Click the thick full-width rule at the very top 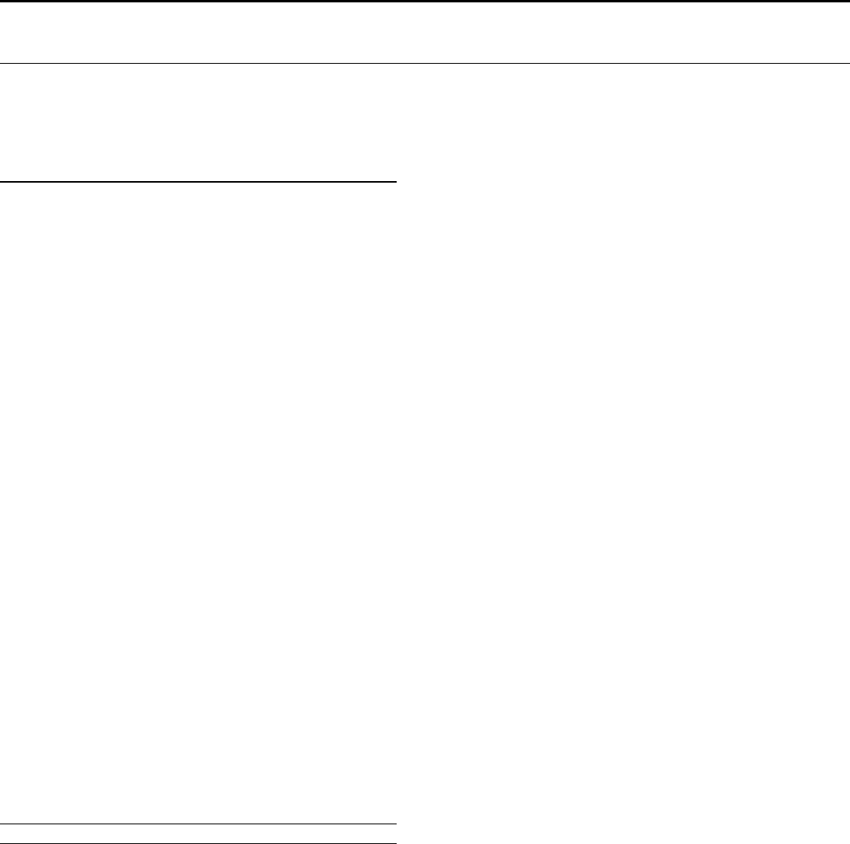[425, 1]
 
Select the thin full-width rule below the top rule [425, 63]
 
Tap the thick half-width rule [198, 182]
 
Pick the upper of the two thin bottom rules [198, 824]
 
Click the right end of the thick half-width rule [395, 182]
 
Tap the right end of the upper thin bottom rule [395, 824]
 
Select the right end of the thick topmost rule [848, 1]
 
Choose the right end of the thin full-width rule [848, 63]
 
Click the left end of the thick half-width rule [2, 182]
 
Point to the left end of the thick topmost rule [2, 1]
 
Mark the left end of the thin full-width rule [2, 63]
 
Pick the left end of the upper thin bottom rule [2, 824]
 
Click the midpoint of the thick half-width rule [198, 182]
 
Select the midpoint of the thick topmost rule [425, 1]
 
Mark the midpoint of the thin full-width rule [425, 63]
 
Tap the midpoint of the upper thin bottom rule [198, 824]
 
